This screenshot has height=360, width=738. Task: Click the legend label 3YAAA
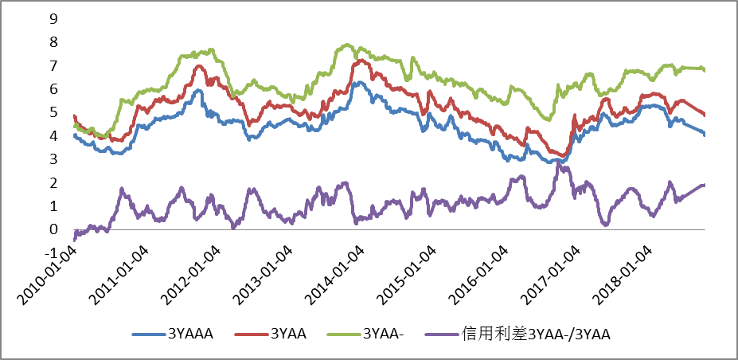(191, 335)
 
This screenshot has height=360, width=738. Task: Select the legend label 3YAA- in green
(383, 335)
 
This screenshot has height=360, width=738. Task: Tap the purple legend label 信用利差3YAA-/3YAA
(535, 335)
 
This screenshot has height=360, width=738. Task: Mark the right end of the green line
(704, 70)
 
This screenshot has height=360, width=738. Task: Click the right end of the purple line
(704, 185)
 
